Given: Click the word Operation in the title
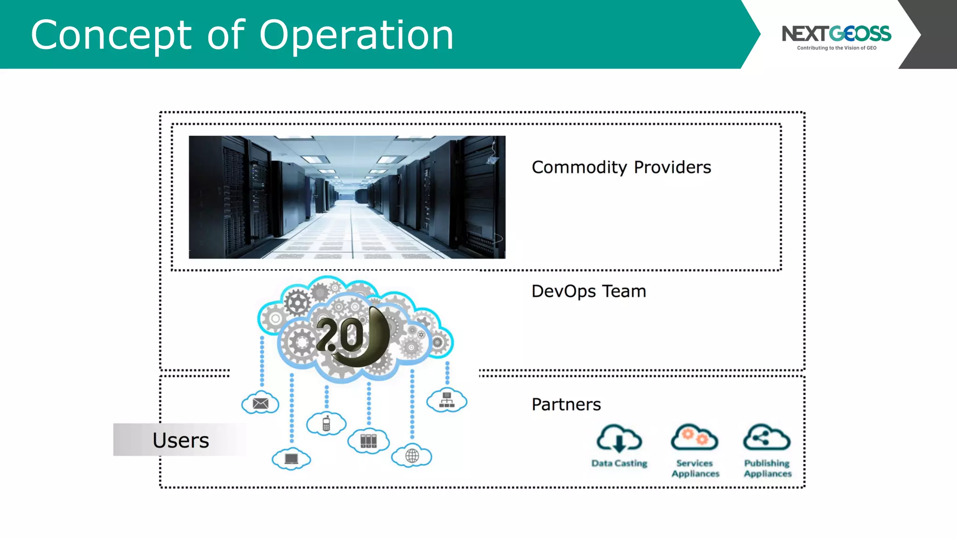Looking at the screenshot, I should (x=356, y=36).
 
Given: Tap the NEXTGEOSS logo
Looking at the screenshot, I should (x=836, y=33).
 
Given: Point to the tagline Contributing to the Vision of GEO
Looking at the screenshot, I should (x=836, y=48).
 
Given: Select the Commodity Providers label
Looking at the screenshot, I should (x=621, y=168).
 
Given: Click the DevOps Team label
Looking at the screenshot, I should (x=588, y=291).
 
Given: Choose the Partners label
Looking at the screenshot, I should (x=566, y=405).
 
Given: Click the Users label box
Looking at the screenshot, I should (x=180, y=440).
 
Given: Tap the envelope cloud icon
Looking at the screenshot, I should (x=260, y=403).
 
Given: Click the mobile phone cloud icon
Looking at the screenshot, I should (x=326, y=424).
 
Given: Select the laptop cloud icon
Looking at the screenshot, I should (x=291, y=459).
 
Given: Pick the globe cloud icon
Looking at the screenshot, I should (x=412, y=456).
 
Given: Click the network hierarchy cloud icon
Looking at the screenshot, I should (x=447, y=401).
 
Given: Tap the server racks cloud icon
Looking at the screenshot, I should (x=368, y=441).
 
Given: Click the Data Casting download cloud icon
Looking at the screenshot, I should (x=619, y=439).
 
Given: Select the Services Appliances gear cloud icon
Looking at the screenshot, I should (x=694, y=437).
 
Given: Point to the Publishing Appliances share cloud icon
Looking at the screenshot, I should (x=766, y=438).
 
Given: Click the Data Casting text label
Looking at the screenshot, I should (x=619, y=463).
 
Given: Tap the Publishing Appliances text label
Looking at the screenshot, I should (x=767, y=468).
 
